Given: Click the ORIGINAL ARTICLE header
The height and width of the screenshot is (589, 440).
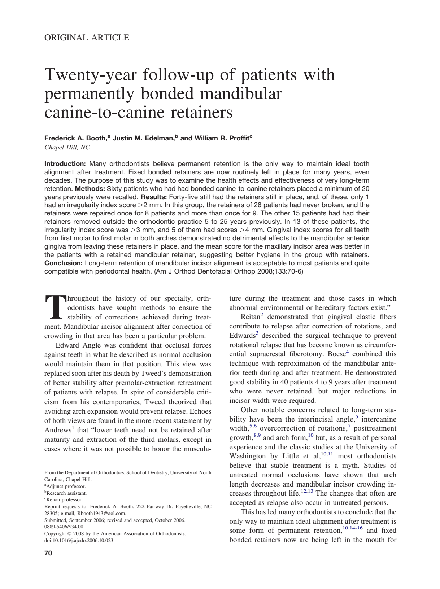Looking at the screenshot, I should click(87, 38).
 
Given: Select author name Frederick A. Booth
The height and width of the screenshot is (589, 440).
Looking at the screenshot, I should click(75, 138).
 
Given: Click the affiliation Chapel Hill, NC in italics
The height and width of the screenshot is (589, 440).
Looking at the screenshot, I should click(67, 147).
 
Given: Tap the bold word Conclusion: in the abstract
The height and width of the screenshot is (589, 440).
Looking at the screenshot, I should click(64, 263).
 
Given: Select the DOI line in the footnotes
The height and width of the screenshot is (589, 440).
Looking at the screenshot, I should click(79, 540).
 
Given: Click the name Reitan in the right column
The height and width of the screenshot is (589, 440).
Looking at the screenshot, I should click(250, 317).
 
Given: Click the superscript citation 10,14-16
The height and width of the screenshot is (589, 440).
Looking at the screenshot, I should click(352, 528).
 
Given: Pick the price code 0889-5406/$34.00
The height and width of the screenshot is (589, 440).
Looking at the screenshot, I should click(64, 527).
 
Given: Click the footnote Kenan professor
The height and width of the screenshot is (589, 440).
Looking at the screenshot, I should click(64, 500).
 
